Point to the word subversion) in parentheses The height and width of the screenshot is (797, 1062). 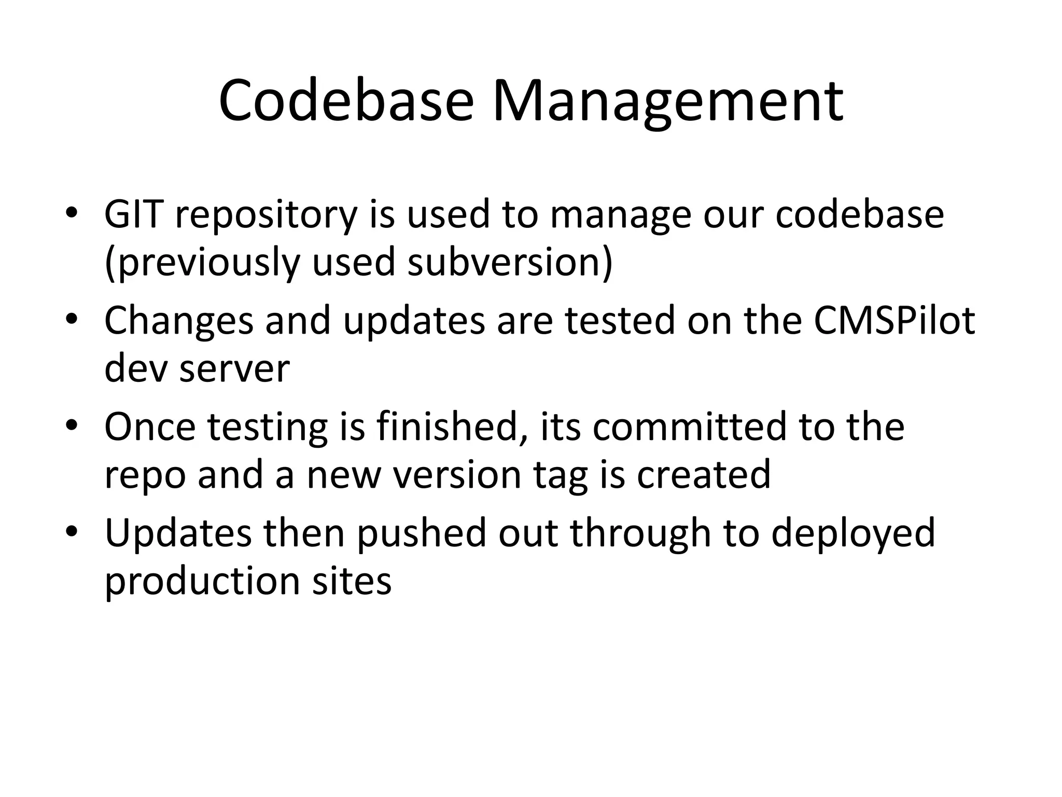pos(510,262)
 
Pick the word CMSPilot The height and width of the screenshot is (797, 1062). pos(894,320)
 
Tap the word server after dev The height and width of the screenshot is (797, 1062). pos(234,369)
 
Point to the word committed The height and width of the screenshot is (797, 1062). pos(690,426)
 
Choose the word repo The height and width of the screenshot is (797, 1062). pos(145,475)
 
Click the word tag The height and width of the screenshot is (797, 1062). pos(561,475)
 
